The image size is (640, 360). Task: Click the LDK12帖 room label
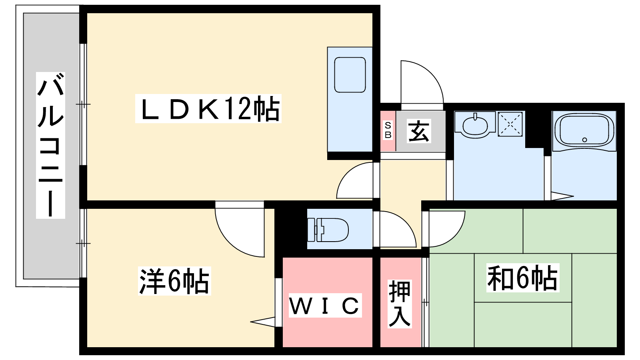click(x=208, y=109)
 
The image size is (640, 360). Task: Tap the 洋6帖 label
click(x=174, y=281)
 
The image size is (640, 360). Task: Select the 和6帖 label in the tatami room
click(x=522, y=278)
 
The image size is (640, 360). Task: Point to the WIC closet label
click(x=325, y=306)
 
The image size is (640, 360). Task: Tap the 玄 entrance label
click(x=419, y=131)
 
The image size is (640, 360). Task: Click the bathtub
click(x=584, y=131)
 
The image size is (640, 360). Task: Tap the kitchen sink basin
click(x=350, y=75)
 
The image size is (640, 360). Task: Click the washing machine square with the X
click(x=510, y=124)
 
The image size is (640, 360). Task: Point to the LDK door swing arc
click(x=355, y=181)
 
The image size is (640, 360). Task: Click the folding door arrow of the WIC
click(x=263, y=322)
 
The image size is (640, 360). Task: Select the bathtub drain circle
click(x=584, y=140)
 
